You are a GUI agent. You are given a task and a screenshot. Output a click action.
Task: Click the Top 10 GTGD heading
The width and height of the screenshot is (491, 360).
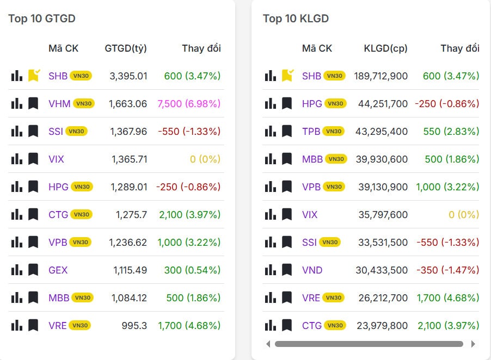point(42,18)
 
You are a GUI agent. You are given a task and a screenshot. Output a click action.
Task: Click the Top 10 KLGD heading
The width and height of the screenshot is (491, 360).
point(296,18)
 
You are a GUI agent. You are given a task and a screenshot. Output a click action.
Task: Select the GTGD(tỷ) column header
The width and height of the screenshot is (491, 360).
point(126,48)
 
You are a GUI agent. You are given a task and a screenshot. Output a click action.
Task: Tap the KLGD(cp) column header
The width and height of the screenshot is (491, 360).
point(385,48)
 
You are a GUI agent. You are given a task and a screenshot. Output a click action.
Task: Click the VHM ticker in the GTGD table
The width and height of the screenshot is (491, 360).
point(59,103)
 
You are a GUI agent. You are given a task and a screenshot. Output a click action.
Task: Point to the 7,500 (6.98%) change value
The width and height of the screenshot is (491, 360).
point(188,103)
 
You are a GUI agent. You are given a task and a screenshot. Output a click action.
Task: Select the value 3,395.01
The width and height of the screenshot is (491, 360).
point(128,76)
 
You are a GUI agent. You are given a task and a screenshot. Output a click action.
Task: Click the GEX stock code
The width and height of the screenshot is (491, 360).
point(58,270)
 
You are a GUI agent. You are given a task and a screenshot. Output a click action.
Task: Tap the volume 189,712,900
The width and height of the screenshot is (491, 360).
point(380,76)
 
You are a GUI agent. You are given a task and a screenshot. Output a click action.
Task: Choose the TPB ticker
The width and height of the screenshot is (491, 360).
point(311,131)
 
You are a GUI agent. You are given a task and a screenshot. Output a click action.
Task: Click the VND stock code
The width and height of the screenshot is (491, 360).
point(312,270)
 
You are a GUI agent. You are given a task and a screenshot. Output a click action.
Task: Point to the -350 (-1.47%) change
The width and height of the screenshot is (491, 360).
point(447,270)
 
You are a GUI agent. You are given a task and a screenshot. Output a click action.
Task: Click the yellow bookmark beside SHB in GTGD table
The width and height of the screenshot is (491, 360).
point(34,76)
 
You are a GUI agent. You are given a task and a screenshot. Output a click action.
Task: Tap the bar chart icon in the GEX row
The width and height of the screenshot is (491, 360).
point(17,270)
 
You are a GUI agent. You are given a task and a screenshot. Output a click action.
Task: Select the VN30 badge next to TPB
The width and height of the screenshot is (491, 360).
point(334,131)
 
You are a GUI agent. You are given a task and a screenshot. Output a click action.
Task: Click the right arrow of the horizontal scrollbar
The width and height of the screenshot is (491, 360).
point(472,344)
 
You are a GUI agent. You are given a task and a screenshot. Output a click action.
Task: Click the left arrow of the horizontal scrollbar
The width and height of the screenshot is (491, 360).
point(267,344)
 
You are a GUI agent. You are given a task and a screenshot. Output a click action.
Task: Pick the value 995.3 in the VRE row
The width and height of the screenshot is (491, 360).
point(134,325)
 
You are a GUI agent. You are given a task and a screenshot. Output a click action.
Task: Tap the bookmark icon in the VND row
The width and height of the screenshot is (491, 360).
point(287,270)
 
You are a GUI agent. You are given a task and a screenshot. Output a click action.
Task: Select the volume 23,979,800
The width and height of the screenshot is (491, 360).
point(383,325)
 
